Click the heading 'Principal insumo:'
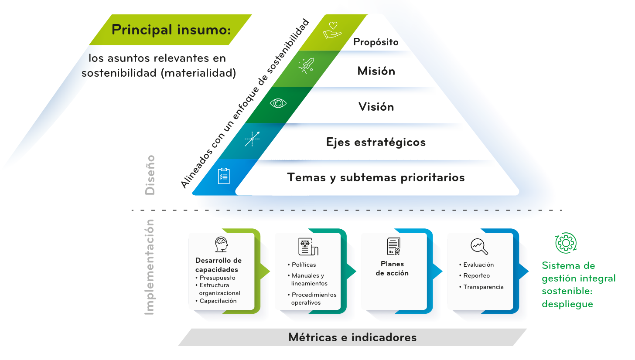(x=171, y=30)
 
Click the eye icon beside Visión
(x=278, y=103)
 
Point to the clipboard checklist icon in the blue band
(x=224, y=176)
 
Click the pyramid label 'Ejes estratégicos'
(x=376, y=142)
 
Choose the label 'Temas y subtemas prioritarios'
(x=376, y=178)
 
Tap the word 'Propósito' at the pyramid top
(x=376, y=42)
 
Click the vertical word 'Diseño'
(x=150, y=175)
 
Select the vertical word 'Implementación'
(x=150, y=267)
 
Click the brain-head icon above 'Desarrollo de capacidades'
(x=222, y=245)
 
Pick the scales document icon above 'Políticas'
(x=308, y=246)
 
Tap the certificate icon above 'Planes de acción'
(x=393, y=246)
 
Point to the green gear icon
(x=566, y=243)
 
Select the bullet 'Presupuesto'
(x=217, y=278)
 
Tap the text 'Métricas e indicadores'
(x=352, y=337)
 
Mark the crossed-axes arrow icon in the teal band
(x=252, y=139)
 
